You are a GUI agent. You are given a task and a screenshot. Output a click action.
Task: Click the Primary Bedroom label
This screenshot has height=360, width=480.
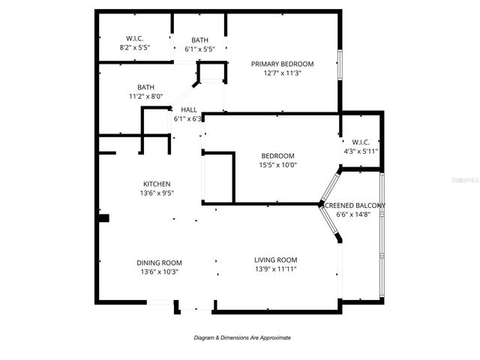pos(282,64)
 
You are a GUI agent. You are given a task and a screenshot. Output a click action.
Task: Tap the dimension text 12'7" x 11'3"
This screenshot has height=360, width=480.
pos(282,73)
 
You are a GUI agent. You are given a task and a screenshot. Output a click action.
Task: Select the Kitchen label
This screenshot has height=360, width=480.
pos(157,184)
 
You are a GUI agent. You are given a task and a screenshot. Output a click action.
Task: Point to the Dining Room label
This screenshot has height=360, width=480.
pos(159,262)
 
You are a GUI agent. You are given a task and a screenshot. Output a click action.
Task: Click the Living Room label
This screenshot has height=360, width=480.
pos(276,259)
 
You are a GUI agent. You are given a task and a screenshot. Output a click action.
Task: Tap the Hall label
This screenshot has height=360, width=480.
pos(188,109)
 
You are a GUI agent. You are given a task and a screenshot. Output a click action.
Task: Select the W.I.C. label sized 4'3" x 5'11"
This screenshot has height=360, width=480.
pos(360,142)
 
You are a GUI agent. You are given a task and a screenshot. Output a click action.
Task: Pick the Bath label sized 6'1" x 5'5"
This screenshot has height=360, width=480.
pos(199,40)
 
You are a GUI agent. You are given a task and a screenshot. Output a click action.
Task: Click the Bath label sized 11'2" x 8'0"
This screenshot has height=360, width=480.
pos(145,87)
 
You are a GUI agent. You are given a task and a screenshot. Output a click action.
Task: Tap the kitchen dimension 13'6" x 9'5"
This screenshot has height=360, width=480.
pos(157,193)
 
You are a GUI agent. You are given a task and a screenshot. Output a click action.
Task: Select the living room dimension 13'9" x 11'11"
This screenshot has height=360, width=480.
pos(276,268)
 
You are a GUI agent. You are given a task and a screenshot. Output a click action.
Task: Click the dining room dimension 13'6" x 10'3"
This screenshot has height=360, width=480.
pos(159,271)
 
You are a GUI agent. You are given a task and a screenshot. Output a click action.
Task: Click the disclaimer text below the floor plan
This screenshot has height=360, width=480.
pos(242,337)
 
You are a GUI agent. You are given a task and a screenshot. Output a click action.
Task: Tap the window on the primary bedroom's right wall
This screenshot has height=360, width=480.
pos(340,70)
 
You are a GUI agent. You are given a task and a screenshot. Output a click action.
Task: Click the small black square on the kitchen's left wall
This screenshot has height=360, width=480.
pos(104,218)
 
